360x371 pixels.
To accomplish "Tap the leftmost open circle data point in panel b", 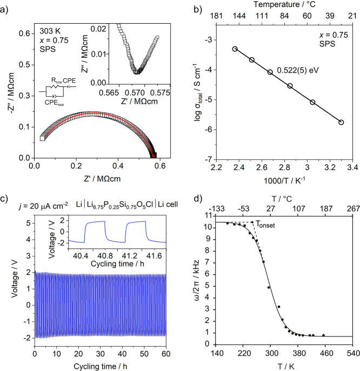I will (235, 49).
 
